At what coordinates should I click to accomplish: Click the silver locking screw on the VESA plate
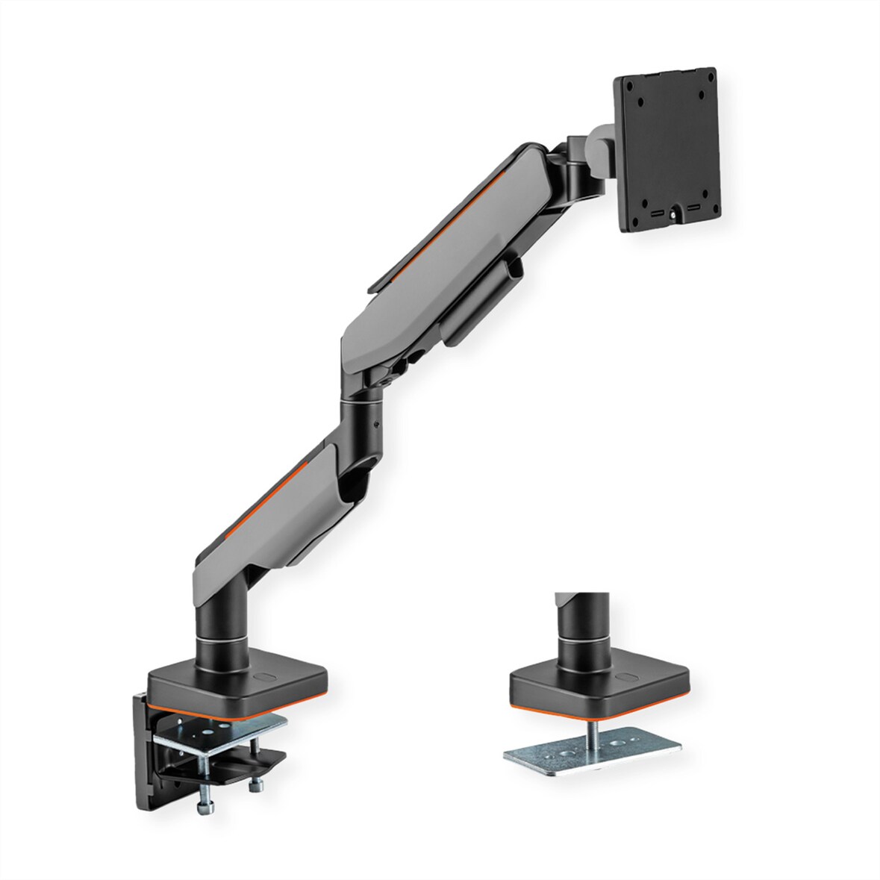[675, 215]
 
